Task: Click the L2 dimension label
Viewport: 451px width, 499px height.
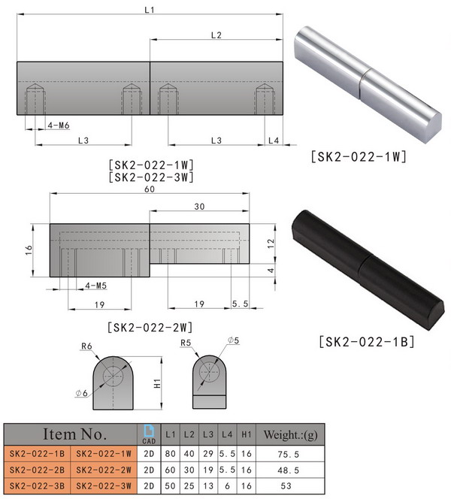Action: (216, 35)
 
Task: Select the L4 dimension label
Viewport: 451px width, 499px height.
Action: (274, 141)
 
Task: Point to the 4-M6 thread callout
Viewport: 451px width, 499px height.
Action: (59, 126)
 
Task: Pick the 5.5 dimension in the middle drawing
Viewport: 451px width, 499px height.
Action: (241, 304)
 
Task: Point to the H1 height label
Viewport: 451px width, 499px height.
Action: (156, 383)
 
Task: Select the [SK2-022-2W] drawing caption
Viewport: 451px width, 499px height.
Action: (149, 327)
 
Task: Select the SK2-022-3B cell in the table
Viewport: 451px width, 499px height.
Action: (37, 485)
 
